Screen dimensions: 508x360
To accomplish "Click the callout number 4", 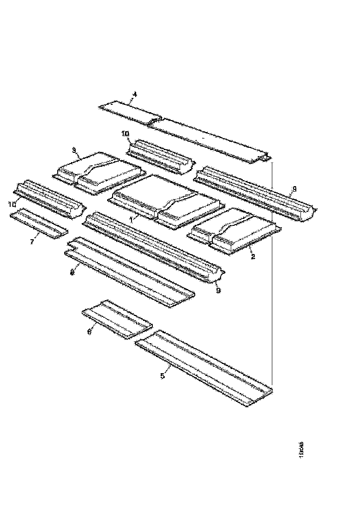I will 135,94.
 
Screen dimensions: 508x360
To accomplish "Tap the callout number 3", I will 73,150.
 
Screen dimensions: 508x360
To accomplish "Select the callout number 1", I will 131,220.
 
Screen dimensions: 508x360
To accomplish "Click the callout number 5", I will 162,376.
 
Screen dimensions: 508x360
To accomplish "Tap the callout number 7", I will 32,242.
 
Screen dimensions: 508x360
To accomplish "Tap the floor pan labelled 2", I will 235,231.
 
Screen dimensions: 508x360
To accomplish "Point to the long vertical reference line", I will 271,277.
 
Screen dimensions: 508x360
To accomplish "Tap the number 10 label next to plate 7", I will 12,204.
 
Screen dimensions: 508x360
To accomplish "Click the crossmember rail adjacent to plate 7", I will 48,196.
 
